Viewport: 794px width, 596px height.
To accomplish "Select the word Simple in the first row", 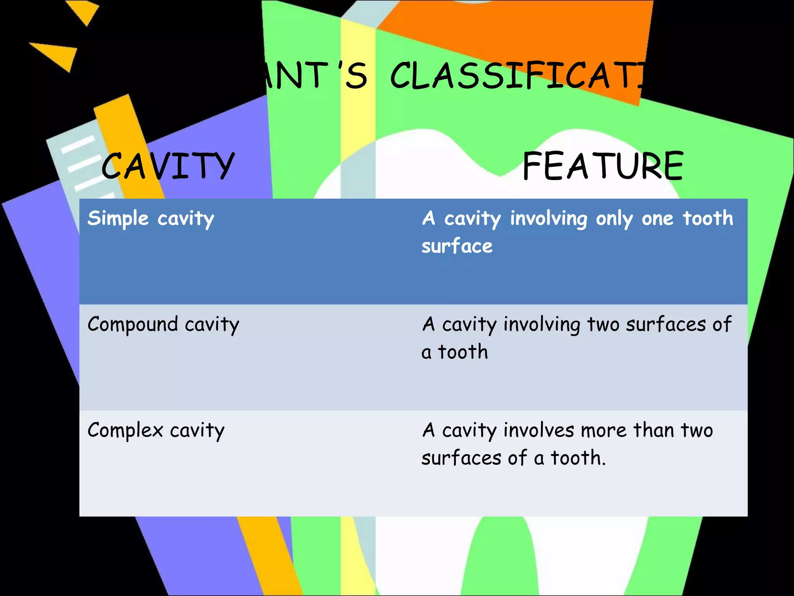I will tap(118, 218).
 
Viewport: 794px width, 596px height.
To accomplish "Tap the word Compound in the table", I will tap(133, 324).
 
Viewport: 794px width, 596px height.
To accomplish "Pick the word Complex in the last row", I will tap(125, 430).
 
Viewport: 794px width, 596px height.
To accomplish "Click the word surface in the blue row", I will tap(457, 246).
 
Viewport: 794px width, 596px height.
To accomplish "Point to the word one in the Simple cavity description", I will tap(658, 218).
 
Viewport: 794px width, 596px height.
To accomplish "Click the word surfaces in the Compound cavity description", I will tap(666, 324).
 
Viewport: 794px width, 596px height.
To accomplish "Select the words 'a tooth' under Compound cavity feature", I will tap(454, 352).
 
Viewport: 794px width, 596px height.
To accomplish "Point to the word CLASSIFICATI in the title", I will tap(516, 76).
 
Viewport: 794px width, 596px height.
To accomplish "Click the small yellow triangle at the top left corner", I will tap(83, 11).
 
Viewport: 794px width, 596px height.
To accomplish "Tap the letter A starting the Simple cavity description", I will tap(428, 218).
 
